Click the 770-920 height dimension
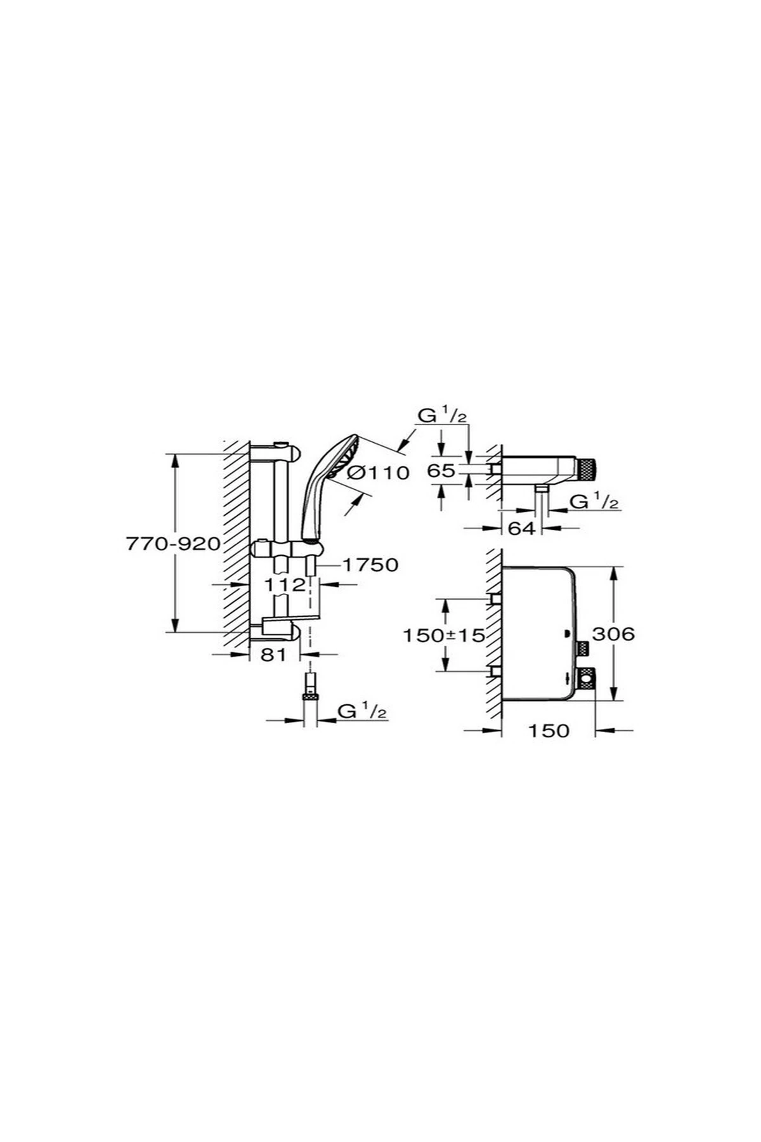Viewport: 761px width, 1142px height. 172,544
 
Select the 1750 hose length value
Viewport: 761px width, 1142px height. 370,564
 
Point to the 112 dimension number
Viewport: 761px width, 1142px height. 285,584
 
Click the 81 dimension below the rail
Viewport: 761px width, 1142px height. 274,654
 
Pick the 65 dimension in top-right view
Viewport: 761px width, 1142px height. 441,471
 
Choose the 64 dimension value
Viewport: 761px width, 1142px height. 521,528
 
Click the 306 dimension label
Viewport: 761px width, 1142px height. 613,633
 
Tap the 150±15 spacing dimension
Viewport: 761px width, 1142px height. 443,634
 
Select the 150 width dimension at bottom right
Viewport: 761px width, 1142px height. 549,730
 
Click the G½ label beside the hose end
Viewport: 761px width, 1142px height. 362,711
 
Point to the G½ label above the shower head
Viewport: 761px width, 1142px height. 442,416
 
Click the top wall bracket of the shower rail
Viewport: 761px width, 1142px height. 289,452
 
